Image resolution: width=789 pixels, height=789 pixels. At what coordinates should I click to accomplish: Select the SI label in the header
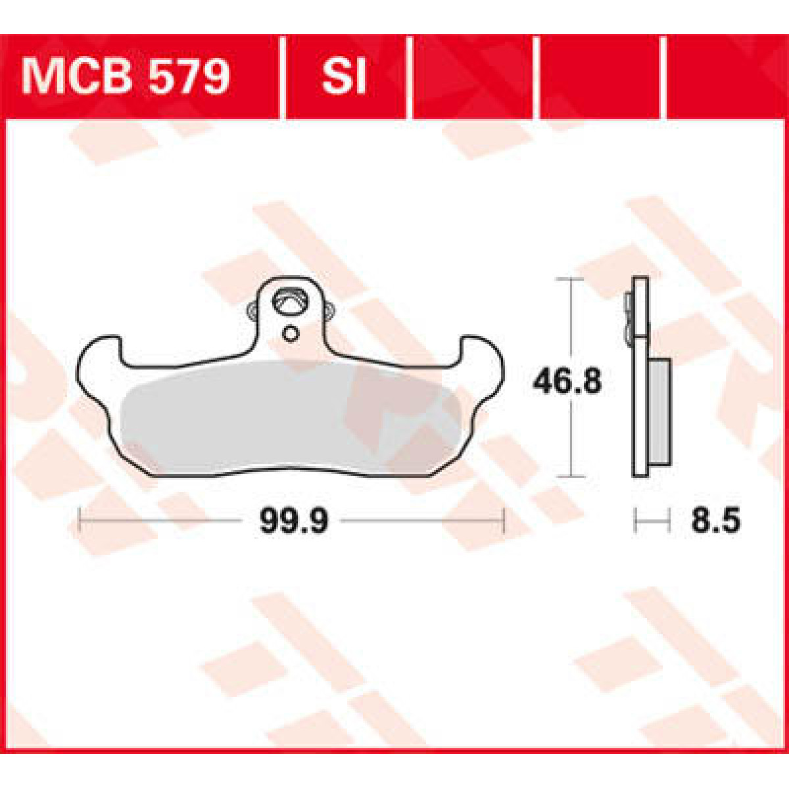pyautogui.click(x=343, y=78)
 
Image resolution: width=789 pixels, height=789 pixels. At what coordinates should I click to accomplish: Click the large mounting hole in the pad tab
pyautogui.click(x=291, y=303)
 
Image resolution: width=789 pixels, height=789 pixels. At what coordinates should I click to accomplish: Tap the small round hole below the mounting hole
pyautogui.click(x=289, y=334)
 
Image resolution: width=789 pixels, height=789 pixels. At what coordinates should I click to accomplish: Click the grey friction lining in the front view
pyautogui.click(x=289, y=418)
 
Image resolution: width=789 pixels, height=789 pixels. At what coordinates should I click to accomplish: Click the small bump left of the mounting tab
pyautogui.click(x=252, y=312)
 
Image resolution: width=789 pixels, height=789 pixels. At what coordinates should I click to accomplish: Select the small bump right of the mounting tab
pyautogui.click(x=328, y=310)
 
